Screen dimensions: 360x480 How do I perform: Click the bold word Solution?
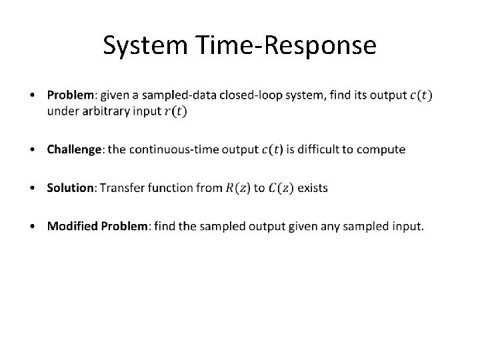71,188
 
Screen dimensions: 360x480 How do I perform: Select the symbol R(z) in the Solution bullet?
238,188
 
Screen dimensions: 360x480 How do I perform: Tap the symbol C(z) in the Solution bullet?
280,188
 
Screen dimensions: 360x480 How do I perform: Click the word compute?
383,149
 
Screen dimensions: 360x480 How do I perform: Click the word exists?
313,188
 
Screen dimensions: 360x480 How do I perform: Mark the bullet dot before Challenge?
34,149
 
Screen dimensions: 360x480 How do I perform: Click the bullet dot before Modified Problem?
34,227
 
